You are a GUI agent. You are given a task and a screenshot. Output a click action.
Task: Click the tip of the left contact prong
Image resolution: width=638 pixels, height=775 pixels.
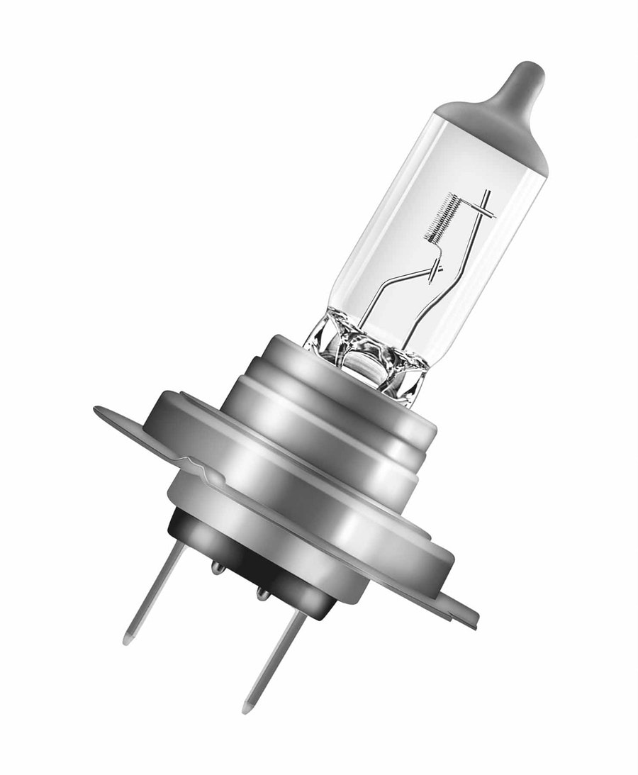tap(128, 639)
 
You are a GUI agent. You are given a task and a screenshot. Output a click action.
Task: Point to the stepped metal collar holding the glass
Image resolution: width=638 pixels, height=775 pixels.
tap(333, 425)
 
